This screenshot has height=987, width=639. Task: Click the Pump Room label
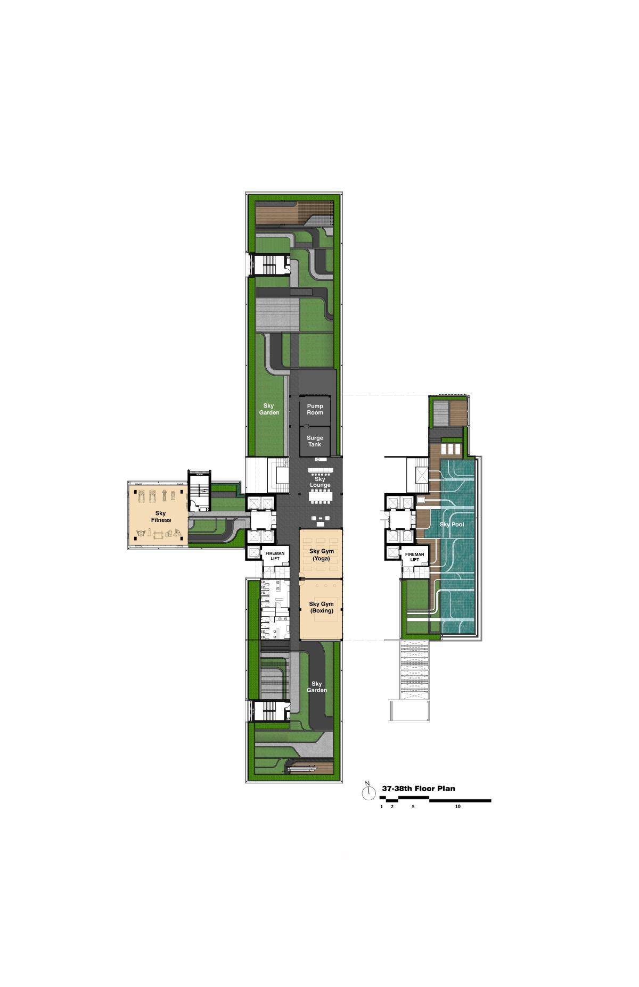point(315,409)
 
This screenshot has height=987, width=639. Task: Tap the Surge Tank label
point(315,441)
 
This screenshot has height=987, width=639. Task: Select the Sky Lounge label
point(320,482)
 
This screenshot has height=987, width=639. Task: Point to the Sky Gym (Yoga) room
point(320,554)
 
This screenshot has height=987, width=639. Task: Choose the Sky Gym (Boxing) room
point(320,610)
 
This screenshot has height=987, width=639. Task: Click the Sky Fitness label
point(161,517)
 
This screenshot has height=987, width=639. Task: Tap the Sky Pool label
point(452,525)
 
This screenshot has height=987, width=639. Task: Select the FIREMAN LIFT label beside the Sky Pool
point(414,557)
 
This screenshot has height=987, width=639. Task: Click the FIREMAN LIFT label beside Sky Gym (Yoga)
point(275,555)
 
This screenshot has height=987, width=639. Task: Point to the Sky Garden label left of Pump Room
point(269,409)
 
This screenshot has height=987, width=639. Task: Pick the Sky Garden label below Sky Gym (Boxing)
point(317,687)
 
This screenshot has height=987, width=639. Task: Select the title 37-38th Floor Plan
point(419,789)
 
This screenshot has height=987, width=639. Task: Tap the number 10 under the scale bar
point(458,807)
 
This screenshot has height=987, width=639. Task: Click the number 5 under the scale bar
point(413,807)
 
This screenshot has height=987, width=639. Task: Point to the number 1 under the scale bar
point(382,807)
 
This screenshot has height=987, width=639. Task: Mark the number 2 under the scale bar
point(392,807)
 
